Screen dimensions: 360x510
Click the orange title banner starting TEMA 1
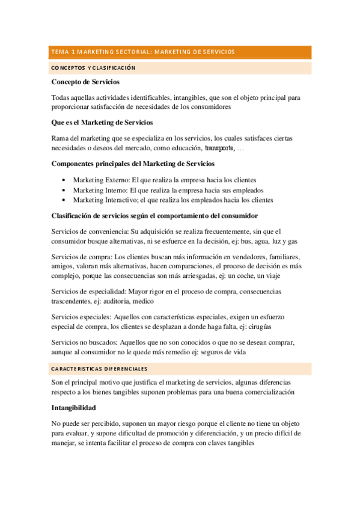coord(180,52)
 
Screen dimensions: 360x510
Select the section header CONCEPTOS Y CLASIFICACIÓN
coord(93,69)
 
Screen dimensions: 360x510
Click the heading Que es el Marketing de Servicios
coord(102,123)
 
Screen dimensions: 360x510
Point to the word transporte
coord(219,148)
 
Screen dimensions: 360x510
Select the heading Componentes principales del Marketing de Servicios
coord(133,164)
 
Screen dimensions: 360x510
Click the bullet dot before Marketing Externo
coord(64,180)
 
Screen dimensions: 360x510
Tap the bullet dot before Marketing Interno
coord(64,190)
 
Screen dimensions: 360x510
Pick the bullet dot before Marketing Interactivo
coord(64,200)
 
